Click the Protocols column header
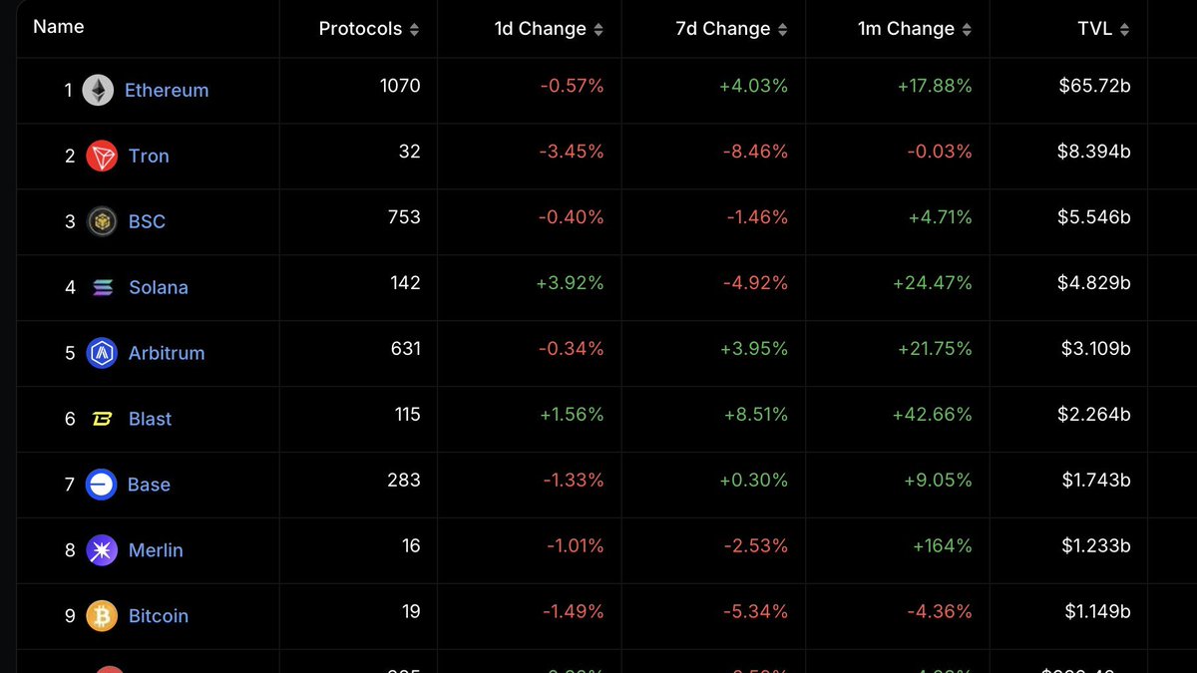[360, 29]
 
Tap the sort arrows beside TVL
[1125, 30]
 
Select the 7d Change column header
[723, 29]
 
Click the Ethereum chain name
[167, 90]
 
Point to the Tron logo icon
[102, 156]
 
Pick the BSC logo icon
[102, 221]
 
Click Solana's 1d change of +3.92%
[571, 283]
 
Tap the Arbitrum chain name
[167, 353]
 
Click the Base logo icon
[102, 485]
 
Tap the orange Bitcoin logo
[102, 616]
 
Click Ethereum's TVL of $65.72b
[1094, 86]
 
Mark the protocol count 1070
[400, 86]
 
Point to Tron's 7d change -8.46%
[755, 152]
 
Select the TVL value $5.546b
[1094, 217]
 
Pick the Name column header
[59, 27]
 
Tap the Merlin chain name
[156, 550]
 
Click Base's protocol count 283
[404, 481]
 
